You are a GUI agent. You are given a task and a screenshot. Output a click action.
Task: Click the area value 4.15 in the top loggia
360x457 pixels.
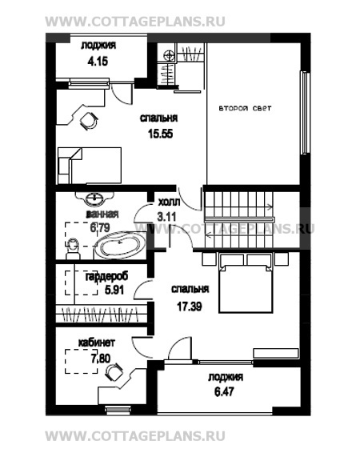(98, 62)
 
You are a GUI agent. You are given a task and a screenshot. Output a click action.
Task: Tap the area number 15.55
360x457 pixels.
(161, 134)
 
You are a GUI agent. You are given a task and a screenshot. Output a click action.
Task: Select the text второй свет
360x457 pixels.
(245, 108)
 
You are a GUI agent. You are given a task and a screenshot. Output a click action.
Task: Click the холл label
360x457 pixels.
(169, 202)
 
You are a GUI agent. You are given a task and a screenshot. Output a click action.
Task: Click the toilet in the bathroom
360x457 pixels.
(73, 249)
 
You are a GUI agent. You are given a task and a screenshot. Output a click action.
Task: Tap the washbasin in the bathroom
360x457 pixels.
(94, 198)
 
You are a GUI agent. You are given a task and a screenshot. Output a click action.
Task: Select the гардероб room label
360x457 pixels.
(106, 277)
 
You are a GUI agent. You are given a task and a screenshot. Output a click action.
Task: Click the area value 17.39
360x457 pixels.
(190, 307)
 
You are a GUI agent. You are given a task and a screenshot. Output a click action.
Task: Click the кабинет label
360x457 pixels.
(97, 343)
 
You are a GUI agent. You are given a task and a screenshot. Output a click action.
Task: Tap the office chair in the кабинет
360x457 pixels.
(114, 371)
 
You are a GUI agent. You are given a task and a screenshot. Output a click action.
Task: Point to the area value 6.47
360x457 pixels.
(224, 391)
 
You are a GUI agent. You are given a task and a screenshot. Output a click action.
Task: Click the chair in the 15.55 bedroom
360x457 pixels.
(89, 120)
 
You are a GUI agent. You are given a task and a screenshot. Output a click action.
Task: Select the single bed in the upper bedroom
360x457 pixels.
(90, 166)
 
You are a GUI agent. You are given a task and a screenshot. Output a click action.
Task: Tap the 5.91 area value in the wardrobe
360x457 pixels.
(114, 290)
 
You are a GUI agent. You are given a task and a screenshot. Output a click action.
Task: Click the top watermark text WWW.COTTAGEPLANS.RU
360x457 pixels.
(135, 22)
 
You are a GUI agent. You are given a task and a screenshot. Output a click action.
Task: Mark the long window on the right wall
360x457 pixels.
(305, 112)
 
